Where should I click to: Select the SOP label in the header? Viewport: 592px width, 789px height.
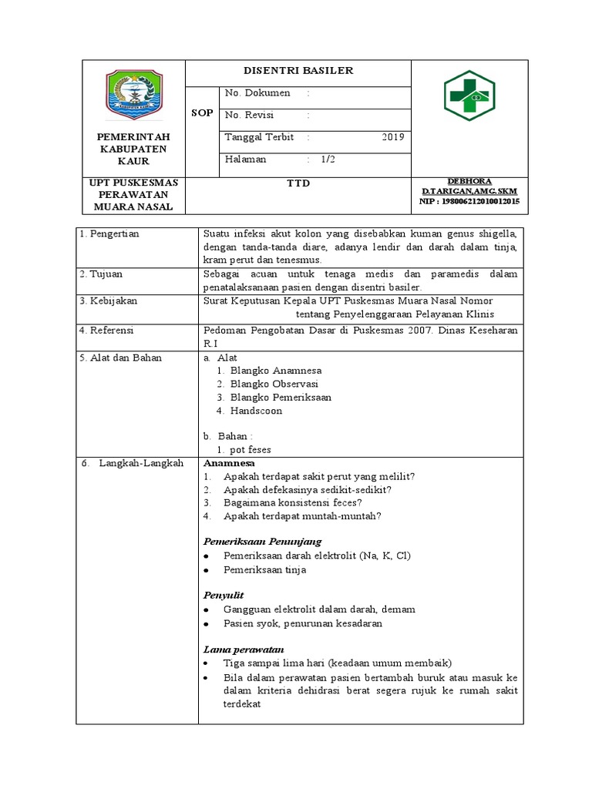point(201,113)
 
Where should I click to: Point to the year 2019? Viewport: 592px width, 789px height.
point(392,137)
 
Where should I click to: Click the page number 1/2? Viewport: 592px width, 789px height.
point(328,159)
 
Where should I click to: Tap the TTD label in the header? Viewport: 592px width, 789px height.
point(298,183)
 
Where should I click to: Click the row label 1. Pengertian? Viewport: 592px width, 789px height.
point(109,233)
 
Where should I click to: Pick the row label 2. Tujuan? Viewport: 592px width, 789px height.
point(100,274)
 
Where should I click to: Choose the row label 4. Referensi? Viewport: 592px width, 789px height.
point(107,329)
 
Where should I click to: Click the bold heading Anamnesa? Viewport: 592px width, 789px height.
point(228,463)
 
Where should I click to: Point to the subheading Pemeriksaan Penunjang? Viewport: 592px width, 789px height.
point(262,541)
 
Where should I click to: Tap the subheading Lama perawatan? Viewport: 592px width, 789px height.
point(244,649)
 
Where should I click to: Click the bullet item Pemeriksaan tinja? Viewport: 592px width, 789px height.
point(264,569)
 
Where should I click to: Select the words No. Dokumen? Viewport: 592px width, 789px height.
point(257,93)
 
